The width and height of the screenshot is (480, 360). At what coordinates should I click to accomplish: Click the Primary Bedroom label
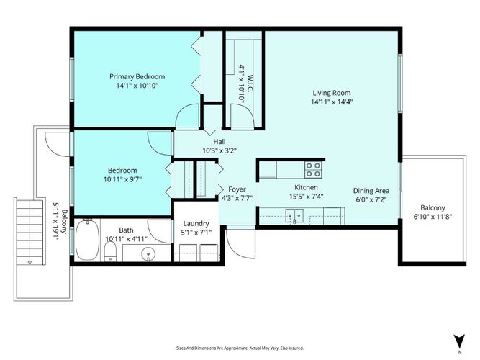pos(137,76)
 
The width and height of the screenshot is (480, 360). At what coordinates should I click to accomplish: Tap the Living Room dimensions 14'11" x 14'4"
pos(332,102)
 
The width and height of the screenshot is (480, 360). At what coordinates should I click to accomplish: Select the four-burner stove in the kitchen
pos(313,170)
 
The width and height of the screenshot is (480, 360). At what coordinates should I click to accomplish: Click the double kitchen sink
pos(294,215)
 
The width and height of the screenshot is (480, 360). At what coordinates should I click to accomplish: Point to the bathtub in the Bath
pos(87,240)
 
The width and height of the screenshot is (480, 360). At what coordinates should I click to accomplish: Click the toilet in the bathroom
pos(110,251)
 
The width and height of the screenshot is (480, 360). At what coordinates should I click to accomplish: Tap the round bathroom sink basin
pos(148,254)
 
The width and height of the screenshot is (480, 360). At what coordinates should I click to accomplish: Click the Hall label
pos(219,142)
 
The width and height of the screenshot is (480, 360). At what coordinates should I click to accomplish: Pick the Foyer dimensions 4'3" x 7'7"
pos(237,198)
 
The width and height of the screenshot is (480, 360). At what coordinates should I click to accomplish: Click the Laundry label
pos(196,224)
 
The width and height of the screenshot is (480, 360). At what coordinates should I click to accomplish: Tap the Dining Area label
pos(371,191)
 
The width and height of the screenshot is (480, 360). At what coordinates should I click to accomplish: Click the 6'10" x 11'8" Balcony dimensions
pos(433,217)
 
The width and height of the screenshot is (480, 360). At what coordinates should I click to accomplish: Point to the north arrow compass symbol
pos(459,341)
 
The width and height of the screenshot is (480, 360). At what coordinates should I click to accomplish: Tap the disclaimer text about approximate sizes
pos(240,348)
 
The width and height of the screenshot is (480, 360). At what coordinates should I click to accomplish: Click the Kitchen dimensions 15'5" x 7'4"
pos(306,196)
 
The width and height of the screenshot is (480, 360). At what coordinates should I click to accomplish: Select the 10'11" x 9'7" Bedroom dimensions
pos(122,179)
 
